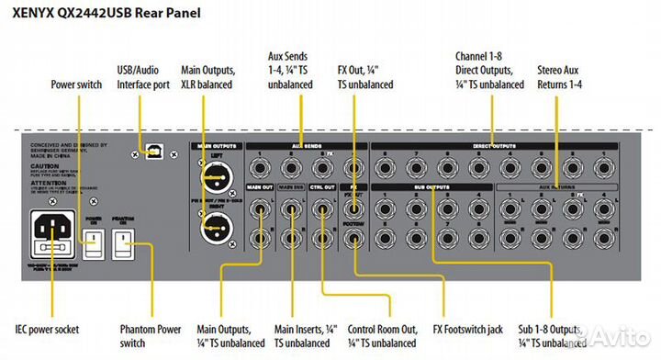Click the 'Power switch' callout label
pos(76,84)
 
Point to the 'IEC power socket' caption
pos(46,329)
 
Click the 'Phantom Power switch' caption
pos(151,335)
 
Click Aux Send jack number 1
pos(263,169)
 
